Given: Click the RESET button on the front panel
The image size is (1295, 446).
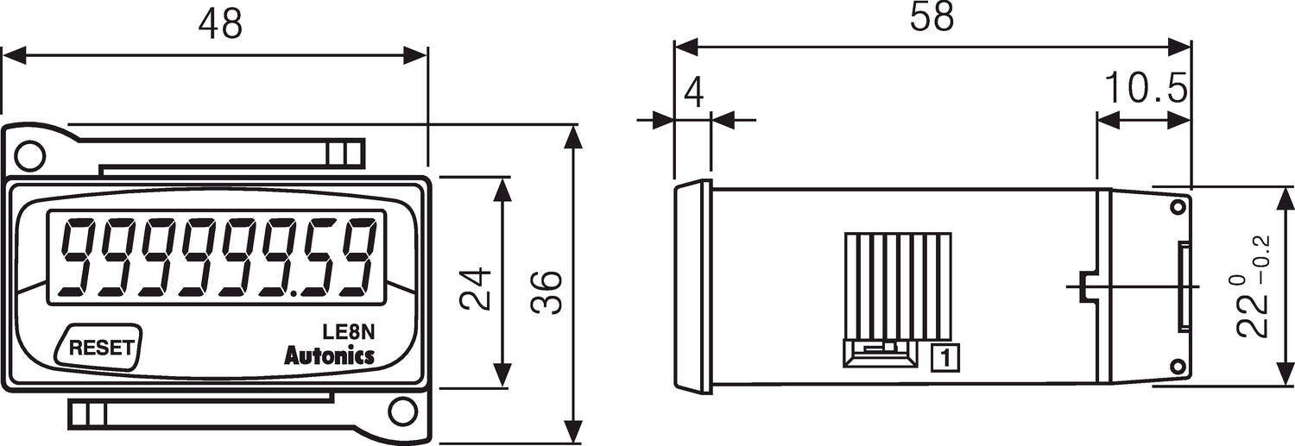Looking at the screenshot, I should pos(100,348).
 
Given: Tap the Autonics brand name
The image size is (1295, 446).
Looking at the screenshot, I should pos(329,355).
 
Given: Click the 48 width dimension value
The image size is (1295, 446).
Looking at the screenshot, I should pos(219,25).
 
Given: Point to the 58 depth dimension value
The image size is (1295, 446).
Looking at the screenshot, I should pos(932,18).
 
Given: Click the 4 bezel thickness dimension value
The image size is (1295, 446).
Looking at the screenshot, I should pos(692,92).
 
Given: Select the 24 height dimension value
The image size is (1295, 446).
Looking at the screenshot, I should pos(475,289).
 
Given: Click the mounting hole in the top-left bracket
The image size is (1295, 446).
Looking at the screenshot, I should pos(30,155).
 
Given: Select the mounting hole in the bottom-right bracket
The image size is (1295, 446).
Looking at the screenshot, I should pos(399,410).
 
